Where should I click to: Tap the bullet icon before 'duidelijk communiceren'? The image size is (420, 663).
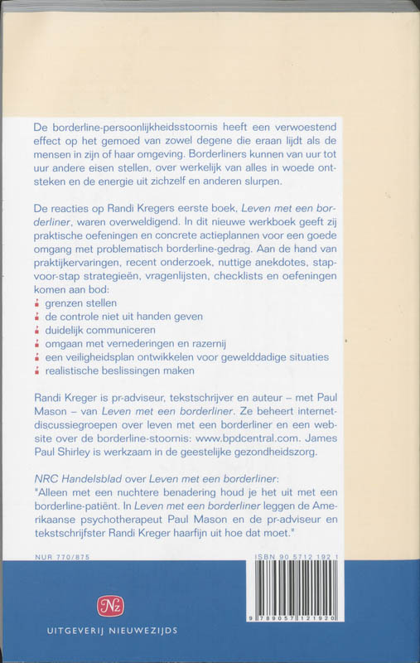click(x=36, y=330)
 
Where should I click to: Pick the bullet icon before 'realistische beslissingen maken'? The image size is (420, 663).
click(x=36, y=370)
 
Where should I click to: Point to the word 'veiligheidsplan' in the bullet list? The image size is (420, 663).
click(x=104, y=356)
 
